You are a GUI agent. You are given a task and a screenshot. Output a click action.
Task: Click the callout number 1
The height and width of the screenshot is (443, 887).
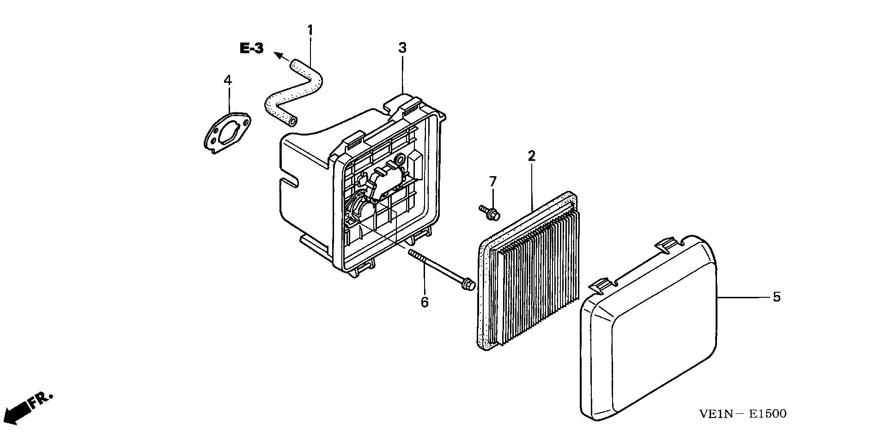click(310, 31)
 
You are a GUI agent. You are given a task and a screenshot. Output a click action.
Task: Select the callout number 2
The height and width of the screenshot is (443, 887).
click(532, 156)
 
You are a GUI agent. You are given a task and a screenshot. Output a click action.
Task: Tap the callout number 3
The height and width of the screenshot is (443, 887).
click(402, 47)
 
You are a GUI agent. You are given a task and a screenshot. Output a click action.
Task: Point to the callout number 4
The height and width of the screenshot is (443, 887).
click(227, 80)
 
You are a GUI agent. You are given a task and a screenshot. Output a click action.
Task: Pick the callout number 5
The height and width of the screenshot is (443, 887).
click(777, 297)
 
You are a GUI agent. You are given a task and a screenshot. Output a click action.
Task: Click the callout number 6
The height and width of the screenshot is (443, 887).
click(425, 302)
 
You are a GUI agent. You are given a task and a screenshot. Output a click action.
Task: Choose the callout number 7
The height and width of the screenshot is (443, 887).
click(493, 182)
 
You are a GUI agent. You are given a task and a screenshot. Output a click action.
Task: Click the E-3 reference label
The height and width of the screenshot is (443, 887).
click(252, 48)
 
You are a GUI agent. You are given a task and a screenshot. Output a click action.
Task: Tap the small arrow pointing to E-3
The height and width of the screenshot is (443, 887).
click(282, 57)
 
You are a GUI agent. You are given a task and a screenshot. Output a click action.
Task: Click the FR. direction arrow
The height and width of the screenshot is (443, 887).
click(28, 407)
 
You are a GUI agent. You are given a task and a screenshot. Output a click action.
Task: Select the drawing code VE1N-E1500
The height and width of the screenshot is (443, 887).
click(742, 413)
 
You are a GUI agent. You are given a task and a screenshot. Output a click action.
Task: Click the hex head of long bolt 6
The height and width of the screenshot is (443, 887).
click(468, 284)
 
